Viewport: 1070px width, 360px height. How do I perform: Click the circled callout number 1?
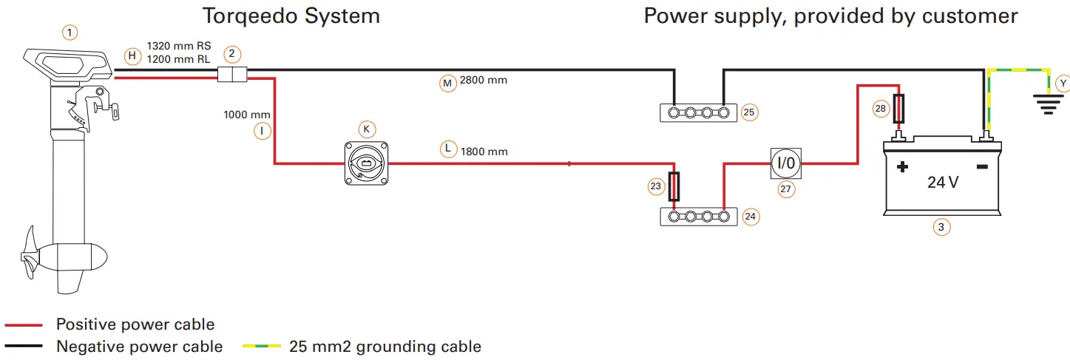click(x=70, y=33)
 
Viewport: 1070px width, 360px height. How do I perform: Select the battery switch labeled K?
click(x=368, y=163)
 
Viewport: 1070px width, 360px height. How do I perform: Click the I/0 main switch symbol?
click(x=785, y=162)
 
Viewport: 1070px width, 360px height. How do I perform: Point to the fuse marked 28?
click(x=899, y=109)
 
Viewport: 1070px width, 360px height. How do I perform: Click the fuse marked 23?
click(x=673, y=186)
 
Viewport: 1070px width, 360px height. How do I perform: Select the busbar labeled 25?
click(x=697, y=113)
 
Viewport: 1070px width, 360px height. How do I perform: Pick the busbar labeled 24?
click(x=697, y=217)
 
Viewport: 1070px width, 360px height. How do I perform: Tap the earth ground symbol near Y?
click(x=1047, y=105)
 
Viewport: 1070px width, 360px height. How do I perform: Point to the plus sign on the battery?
click(x=902, y=167)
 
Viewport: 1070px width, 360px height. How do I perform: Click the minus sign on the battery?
click(x=982, y=167)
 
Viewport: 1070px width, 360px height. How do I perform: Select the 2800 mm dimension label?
click(x=484, y=80)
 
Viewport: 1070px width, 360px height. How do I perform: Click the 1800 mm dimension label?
click(x=484, y=152)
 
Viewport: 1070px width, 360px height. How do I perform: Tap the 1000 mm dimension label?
click(x=247, y=115)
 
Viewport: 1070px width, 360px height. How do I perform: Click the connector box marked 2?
click(x=232, y=74)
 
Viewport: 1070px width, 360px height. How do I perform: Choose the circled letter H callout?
click(x=132, y=55)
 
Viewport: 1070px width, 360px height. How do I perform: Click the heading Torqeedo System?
click(x=291, y=16)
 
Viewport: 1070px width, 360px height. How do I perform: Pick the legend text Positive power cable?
click(x=135, y=325)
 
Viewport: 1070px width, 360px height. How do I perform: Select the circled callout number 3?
click(x=940, y=228)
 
